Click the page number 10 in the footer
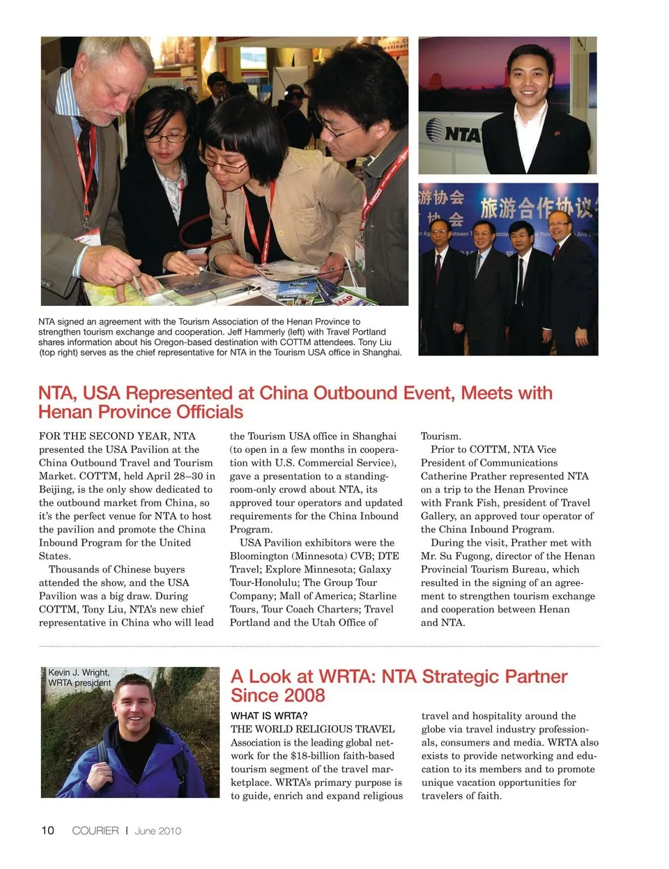click(x=47, y=830)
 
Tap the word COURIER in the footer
click(x=95, y=831)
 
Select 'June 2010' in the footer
click(x=158, y=831)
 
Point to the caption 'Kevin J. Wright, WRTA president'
click(x=79, y=677)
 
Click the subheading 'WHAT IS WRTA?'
click(x=269, y=716)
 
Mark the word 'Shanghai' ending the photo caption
click(x=381, y=352)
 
